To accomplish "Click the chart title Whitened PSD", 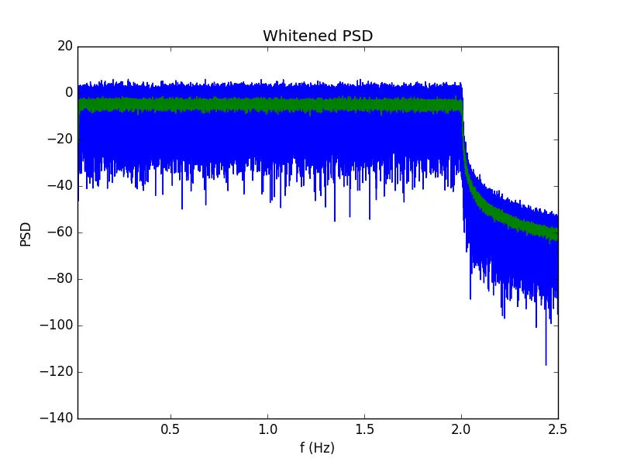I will (x=318, y=36).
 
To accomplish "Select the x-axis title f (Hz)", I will (x=317, y=447).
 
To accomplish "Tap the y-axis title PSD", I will (x=26, y=232).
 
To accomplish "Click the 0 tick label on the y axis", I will (x=69, y=93).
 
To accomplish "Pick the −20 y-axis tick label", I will (x=60, y=139).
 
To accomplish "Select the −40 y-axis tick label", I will (x=60, y=186).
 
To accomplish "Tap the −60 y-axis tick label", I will (x=60, y=232).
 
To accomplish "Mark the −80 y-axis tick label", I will (x=60, y=279).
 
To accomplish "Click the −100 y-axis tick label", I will (x=57, y=325).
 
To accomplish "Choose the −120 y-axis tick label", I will (x=57, y=372).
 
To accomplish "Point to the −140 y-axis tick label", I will (x=57, y=418).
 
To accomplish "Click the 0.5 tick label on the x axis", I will (x=170, y=429).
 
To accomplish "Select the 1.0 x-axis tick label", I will (x=267, y=429).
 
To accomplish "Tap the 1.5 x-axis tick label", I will (x=364, y=429).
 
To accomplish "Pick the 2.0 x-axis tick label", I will (x=461, y=429).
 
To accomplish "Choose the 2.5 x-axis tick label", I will (x=557, y=429).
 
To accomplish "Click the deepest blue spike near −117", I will (x=546, y=363).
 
